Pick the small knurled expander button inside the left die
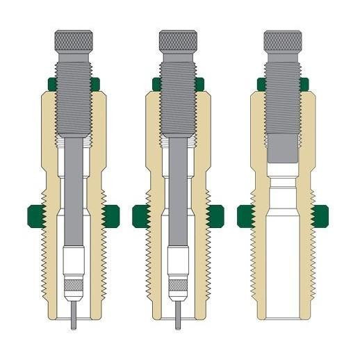[74, 284]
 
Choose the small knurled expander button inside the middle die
[179, 284]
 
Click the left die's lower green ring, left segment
[35, 215]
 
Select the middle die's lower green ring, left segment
[140, 215]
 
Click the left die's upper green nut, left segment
[49, 84]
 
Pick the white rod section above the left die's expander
[74, 261]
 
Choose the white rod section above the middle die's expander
[179, 261]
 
